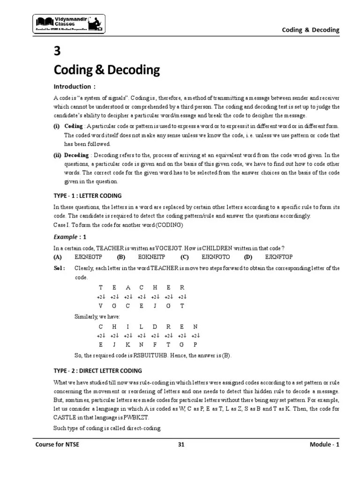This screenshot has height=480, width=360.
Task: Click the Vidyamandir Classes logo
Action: click(x=68, y=23)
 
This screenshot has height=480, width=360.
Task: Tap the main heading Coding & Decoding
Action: click(x=106, y=70)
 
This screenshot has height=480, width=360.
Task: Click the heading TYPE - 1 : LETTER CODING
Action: click(x=87, y=195)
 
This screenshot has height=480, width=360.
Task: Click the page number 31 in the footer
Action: click(x=180, y=444)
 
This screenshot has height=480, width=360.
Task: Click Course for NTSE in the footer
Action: click(x=56, y=444)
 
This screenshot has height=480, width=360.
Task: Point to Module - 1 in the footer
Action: click(x=324, y=444)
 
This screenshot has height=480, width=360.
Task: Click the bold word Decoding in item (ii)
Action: click(x=76, y=155)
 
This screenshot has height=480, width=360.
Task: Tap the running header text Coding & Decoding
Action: click(x=310, y=30)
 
